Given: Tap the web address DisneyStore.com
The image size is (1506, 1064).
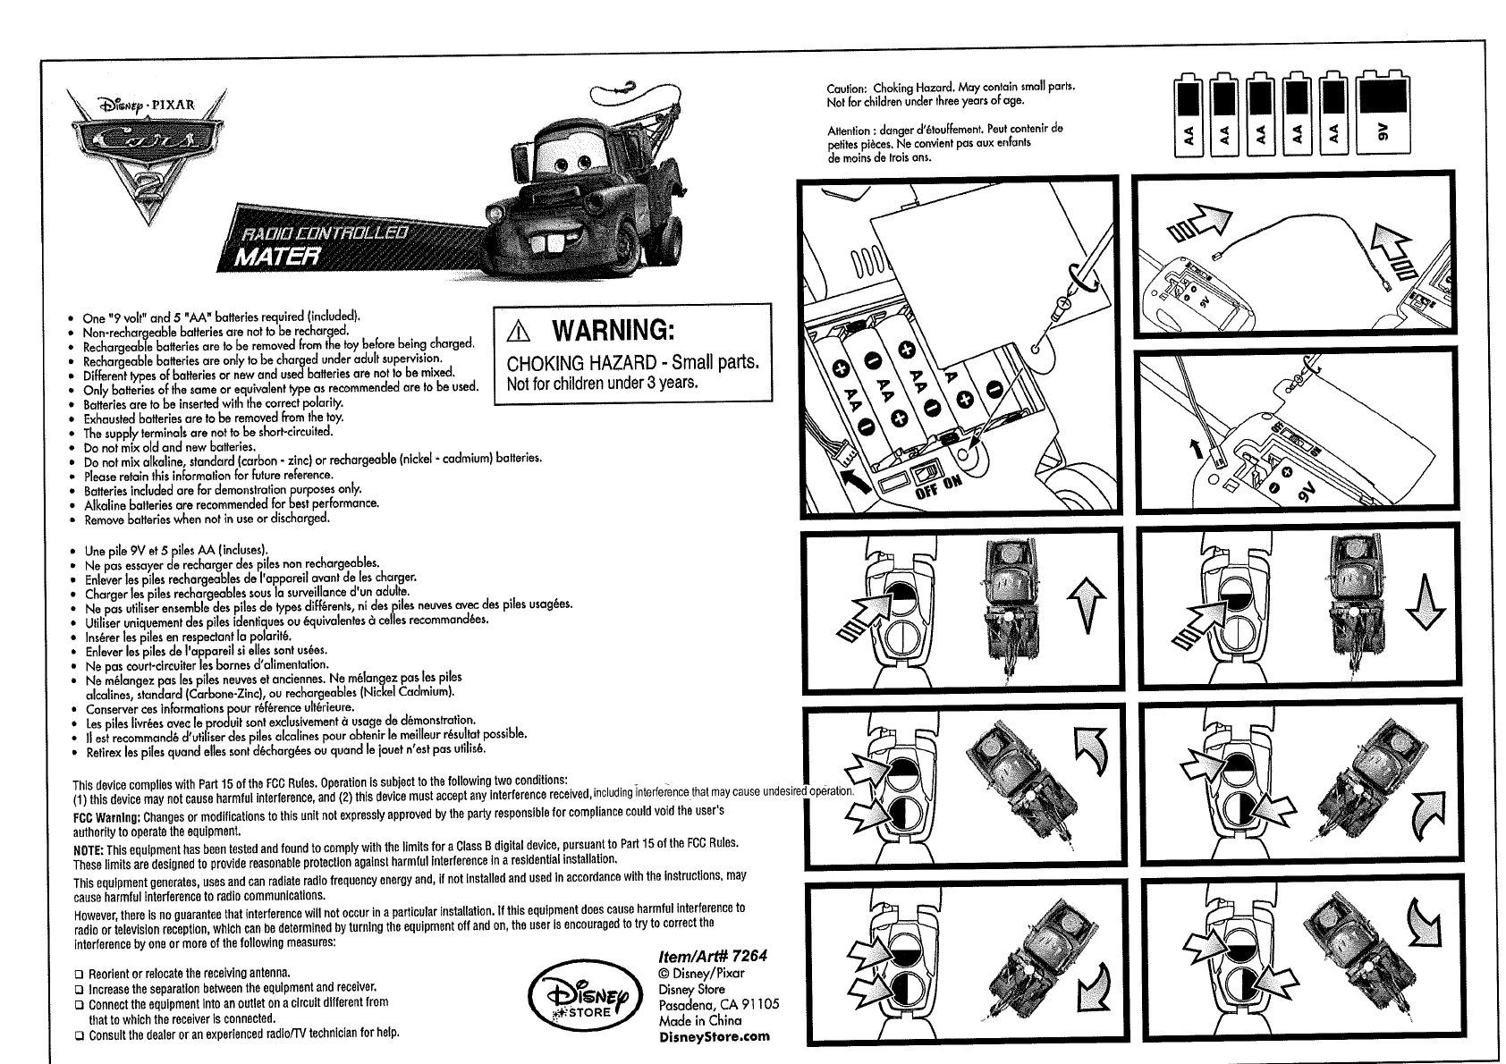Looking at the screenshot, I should pyautogui.click(x=713, y=1036).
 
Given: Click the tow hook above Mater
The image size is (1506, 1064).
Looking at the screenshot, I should pyautogui.click(x=622, y=88).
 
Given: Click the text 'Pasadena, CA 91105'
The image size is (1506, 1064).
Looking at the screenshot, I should pyautogui.click(x=718, y=1004).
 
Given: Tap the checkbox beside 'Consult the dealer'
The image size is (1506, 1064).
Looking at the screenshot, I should pyautogui.click(x=79, y=1034).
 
